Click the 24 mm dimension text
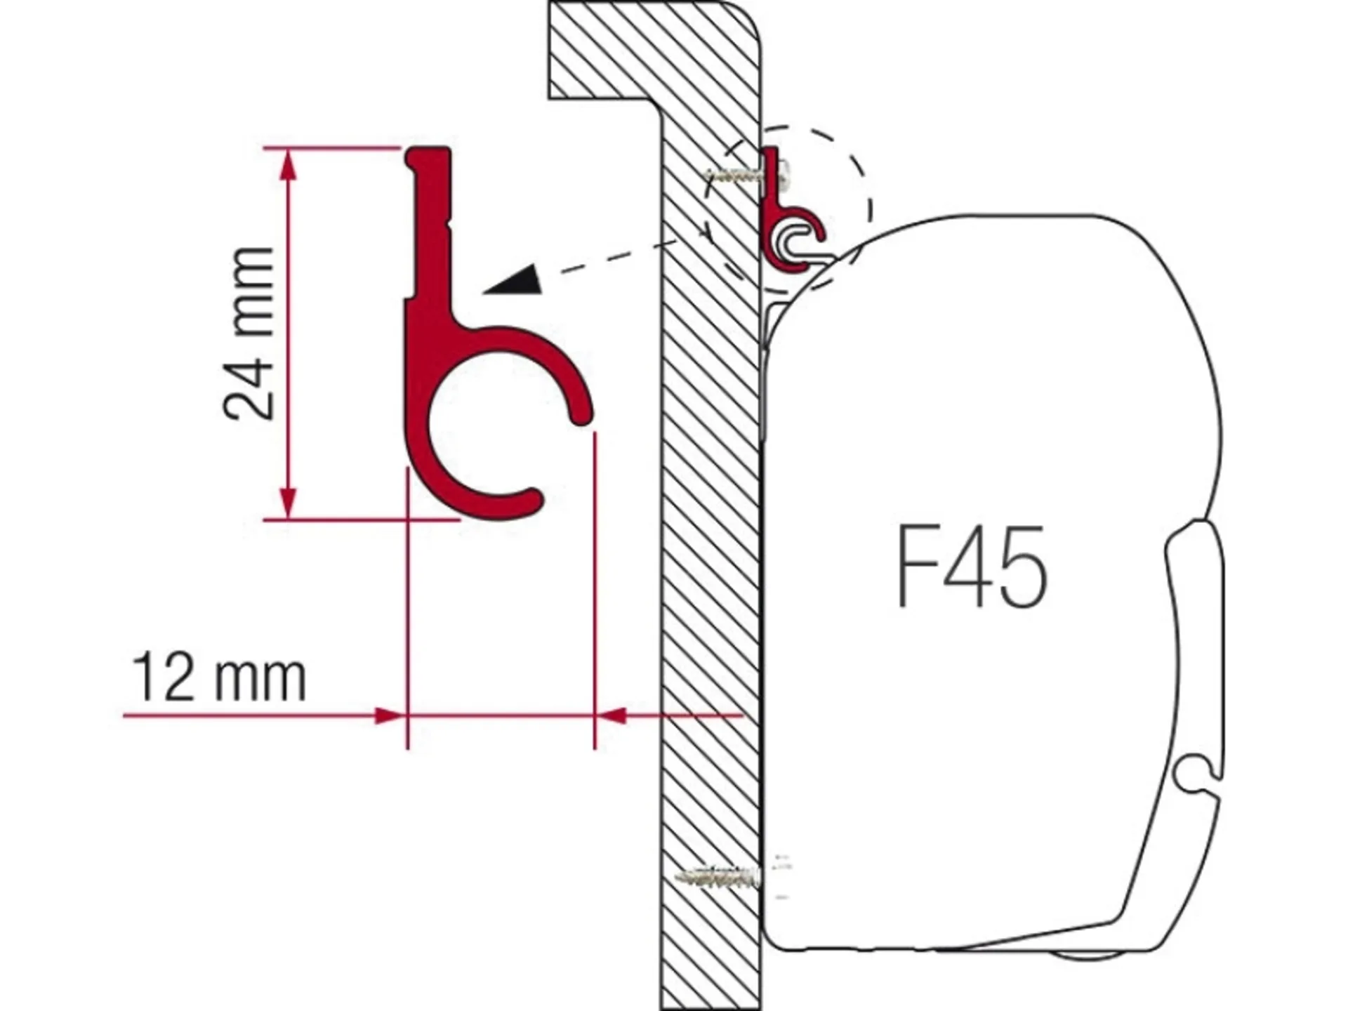[247, 333]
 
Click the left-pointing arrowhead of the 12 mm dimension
[612, 715]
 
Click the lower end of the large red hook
[530, 500]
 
